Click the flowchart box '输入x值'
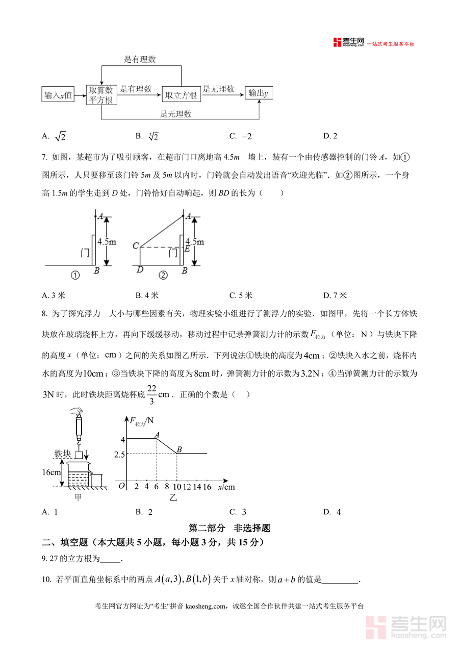click(x=58, y=94)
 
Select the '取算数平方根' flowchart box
click(x=101, y=94)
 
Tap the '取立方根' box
click(x=181, y=94)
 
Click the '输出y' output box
click(x=259, y=93)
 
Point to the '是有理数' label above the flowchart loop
click(x=140, y=59)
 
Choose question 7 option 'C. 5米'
click(x=241, y=295)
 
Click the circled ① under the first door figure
click(x=75, y=276)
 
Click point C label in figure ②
click(x=135, y=246)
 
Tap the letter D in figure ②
click(x=140, y=270)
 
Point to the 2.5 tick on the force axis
click(x=120, y=454)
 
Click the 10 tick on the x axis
click(x=176, y=487)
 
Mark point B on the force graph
click(x=179, y=450)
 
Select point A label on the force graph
click(x=157, y=434)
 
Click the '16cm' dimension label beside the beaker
click(x=52, y=472)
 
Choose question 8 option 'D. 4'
click(x=331, y=512)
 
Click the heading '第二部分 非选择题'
click(x=229, y=528)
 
